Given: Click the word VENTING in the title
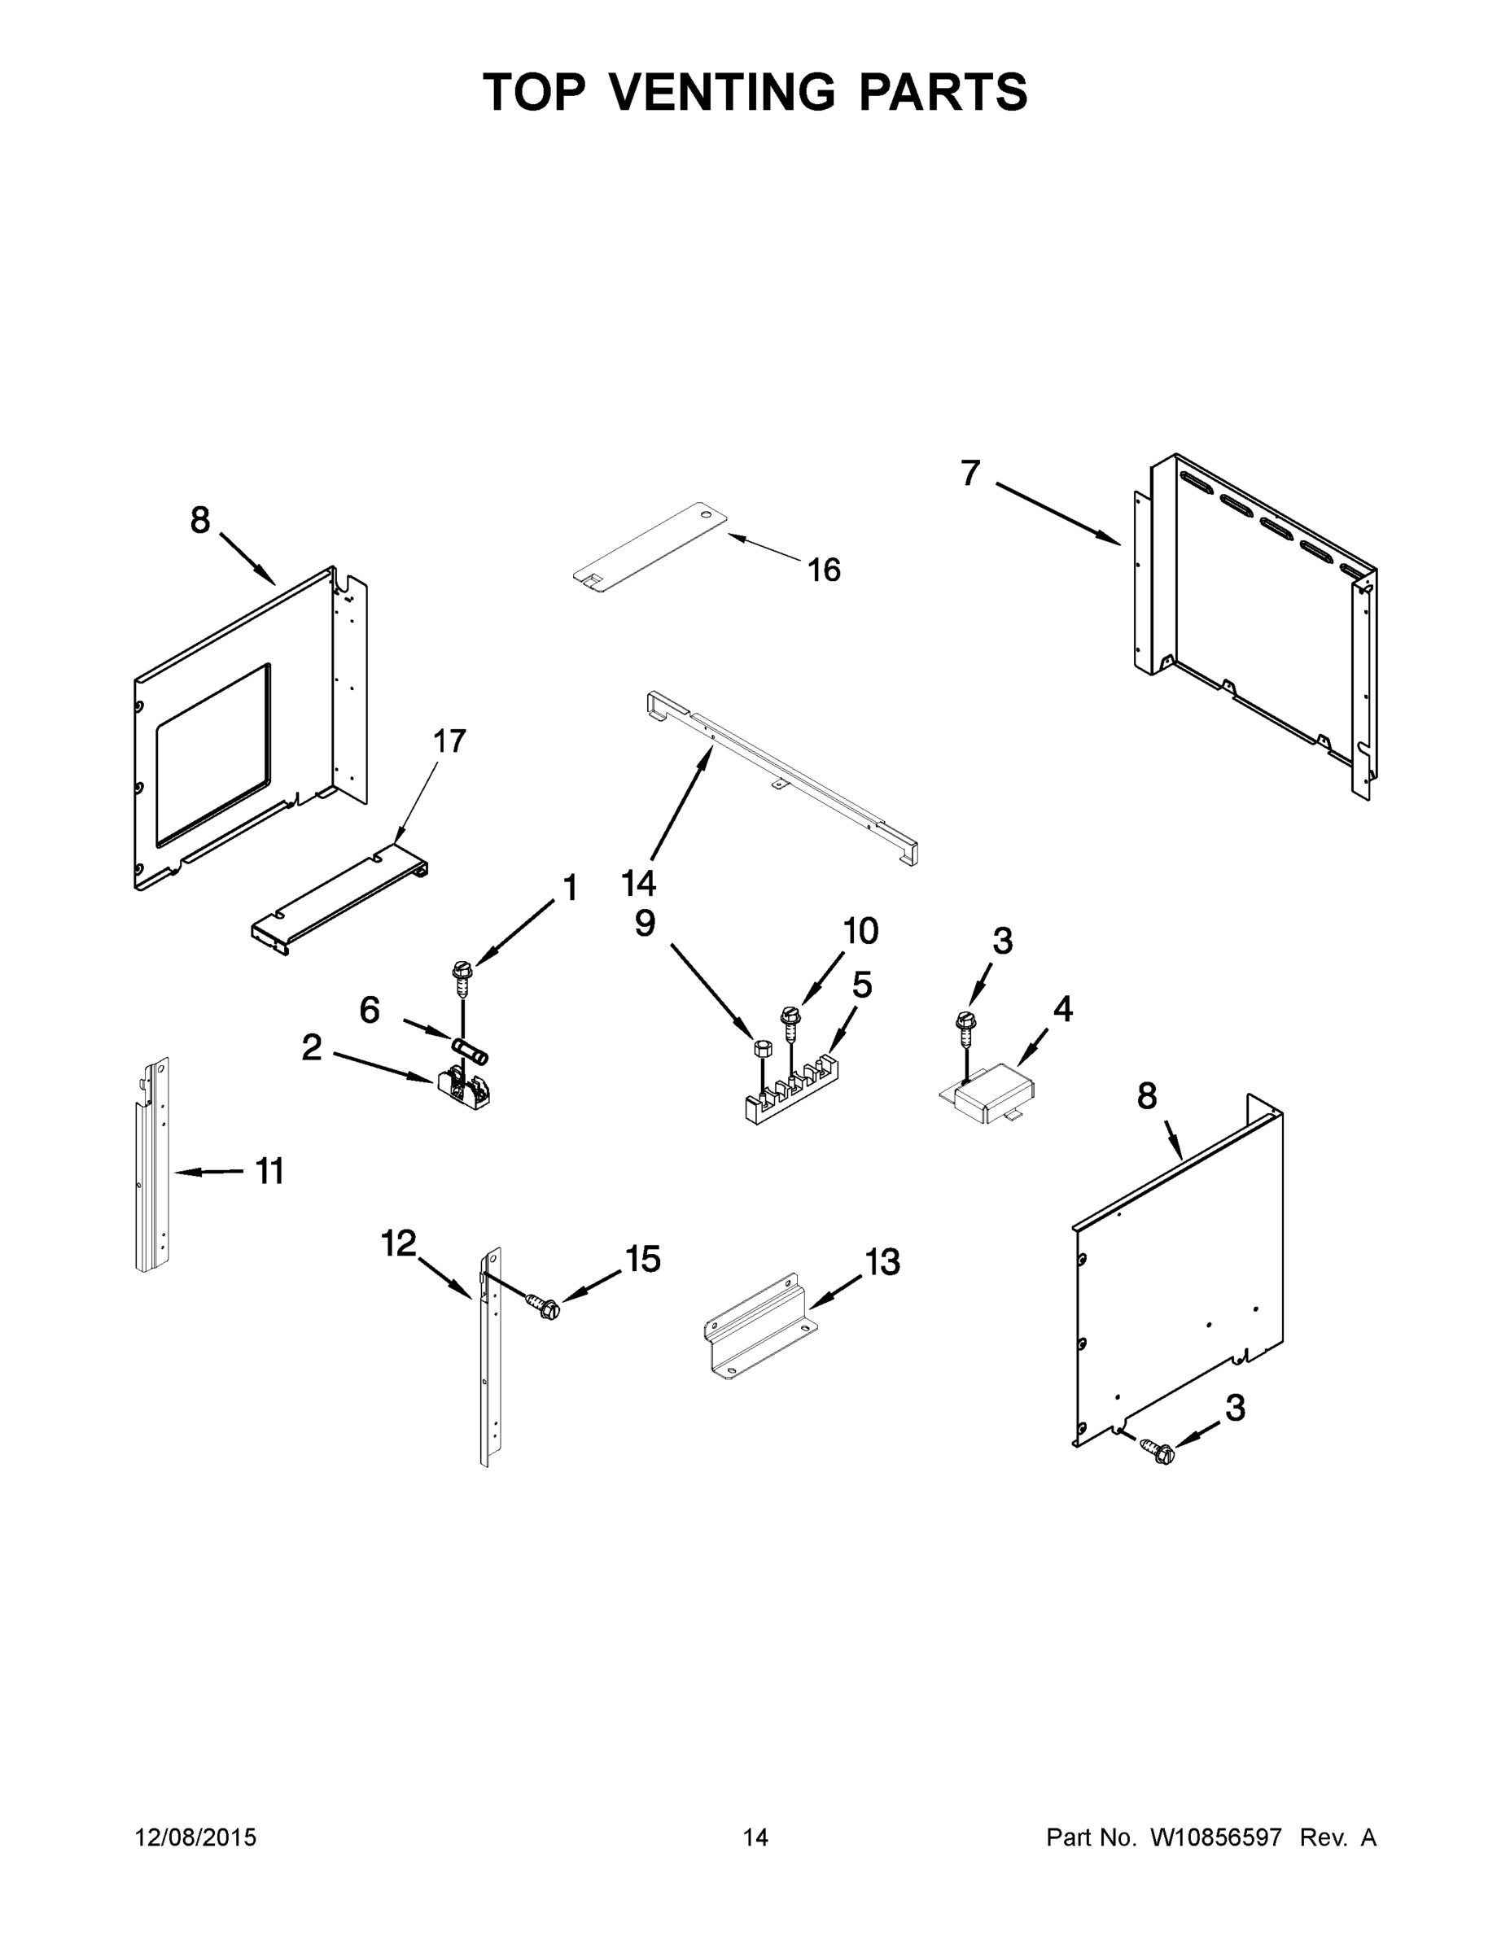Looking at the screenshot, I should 723,92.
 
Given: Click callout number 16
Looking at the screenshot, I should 824,570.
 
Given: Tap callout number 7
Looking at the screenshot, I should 970,472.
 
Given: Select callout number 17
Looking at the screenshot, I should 449,741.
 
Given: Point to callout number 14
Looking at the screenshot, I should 639,884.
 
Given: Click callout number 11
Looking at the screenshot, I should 269,1170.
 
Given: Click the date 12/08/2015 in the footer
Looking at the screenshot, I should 195,1837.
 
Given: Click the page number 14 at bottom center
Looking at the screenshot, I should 755,1837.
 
